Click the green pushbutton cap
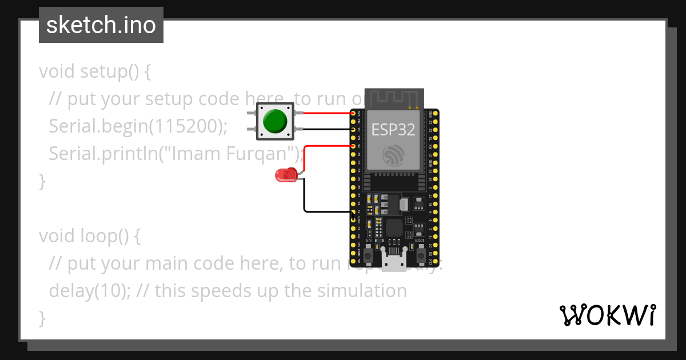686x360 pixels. (275, 121)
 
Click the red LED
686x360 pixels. (285, 175)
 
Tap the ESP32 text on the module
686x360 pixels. (393, 129)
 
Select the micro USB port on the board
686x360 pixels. (394, 264)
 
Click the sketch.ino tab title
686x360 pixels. (101, 25)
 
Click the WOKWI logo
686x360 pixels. (607, 315)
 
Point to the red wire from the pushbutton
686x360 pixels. (326, 113)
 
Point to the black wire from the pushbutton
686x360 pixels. (326, 130)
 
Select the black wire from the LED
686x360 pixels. (305, 197)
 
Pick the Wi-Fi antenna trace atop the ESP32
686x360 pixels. (393, 98)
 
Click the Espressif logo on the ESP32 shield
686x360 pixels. (393, 155)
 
